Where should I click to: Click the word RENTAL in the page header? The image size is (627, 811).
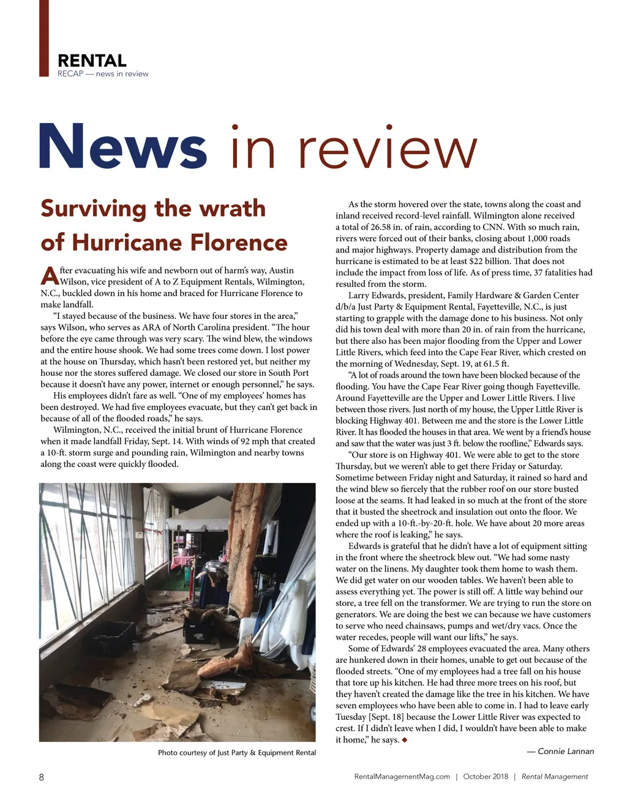point(92,61)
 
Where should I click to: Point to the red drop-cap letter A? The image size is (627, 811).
point(49,276)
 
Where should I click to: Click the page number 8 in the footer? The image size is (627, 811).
point(42,777)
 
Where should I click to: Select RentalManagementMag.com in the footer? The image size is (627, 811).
point(402,777)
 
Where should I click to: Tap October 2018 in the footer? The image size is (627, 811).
point(486,777)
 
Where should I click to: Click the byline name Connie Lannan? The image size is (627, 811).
point(565,751)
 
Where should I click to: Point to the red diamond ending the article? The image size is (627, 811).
point(405,740)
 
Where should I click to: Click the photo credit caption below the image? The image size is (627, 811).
point(237,753)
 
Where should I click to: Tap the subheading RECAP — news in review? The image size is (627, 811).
point(103,74)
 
